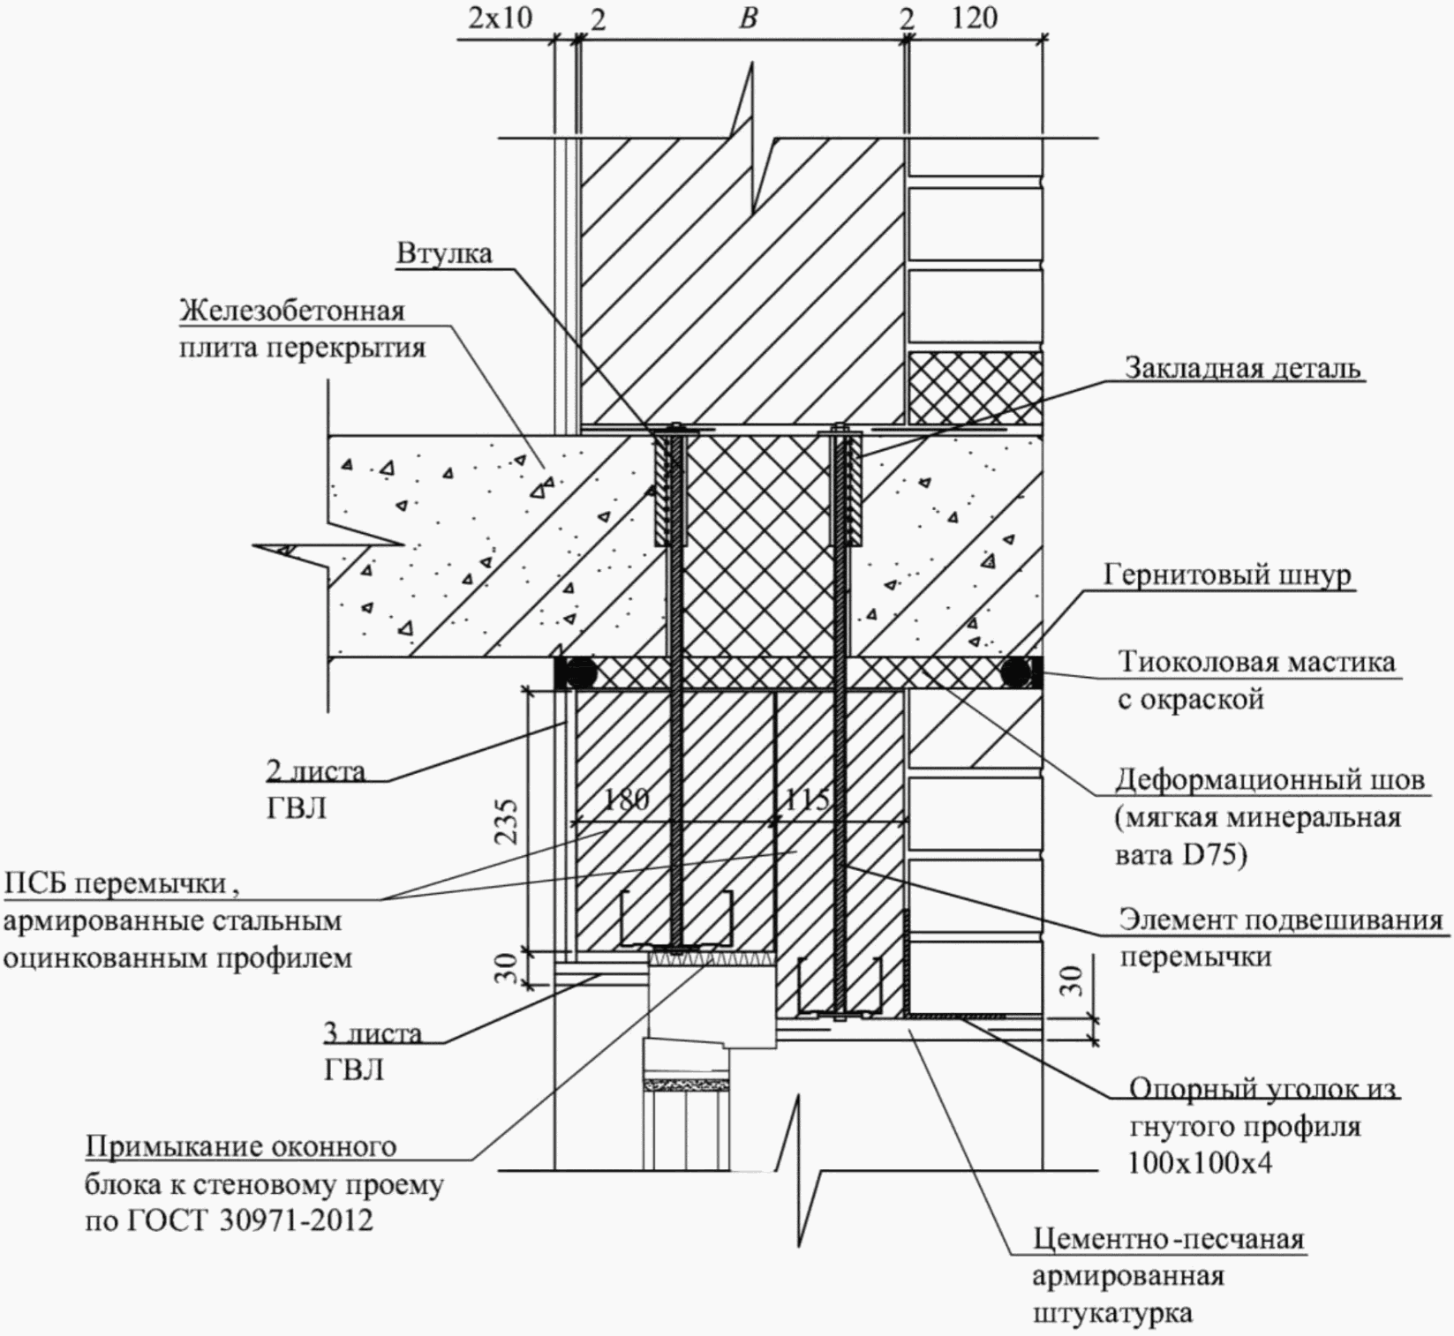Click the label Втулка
pos(444,253)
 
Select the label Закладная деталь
pos(1243,368)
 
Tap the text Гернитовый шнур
pos(1227,575)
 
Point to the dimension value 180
pos(626,799)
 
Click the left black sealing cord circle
pos(580,673)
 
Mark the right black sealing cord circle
pos(1016,673)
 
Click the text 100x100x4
pos(1200,1163)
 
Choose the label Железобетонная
pos(292,311)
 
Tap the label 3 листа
pos(373,1032)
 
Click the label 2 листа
pos(315,770)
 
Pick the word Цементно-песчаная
pos(1169,1239)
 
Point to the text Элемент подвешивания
pos(1281,919)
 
